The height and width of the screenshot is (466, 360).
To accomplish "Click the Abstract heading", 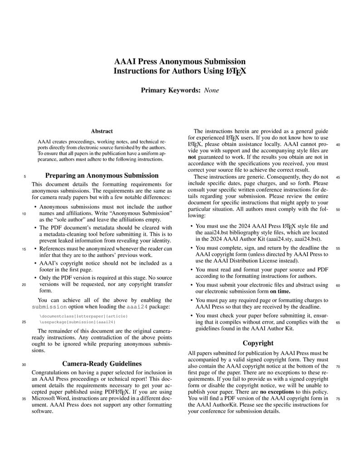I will (102, 131).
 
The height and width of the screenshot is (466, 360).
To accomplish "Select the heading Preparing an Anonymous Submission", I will (102, 175).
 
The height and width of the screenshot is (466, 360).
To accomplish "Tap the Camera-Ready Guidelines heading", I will (102, 364).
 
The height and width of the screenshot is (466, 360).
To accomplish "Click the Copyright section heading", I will (258, 343).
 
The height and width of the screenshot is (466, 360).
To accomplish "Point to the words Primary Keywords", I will (170, 90).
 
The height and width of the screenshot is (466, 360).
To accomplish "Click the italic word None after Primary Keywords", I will (211, 90).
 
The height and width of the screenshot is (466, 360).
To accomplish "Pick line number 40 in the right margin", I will (338, 145).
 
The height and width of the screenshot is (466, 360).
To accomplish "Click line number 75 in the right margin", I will (338, 399).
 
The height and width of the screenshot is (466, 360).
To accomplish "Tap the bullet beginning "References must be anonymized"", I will (35, 248).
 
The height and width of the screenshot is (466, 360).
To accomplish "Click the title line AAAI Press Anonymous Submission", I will (180, 62).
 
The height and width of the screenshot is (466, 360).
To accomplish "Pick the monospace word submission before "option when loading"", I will (49, 307).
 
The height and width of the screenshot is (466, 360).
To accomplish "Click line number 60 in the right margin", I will (338, 286).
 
